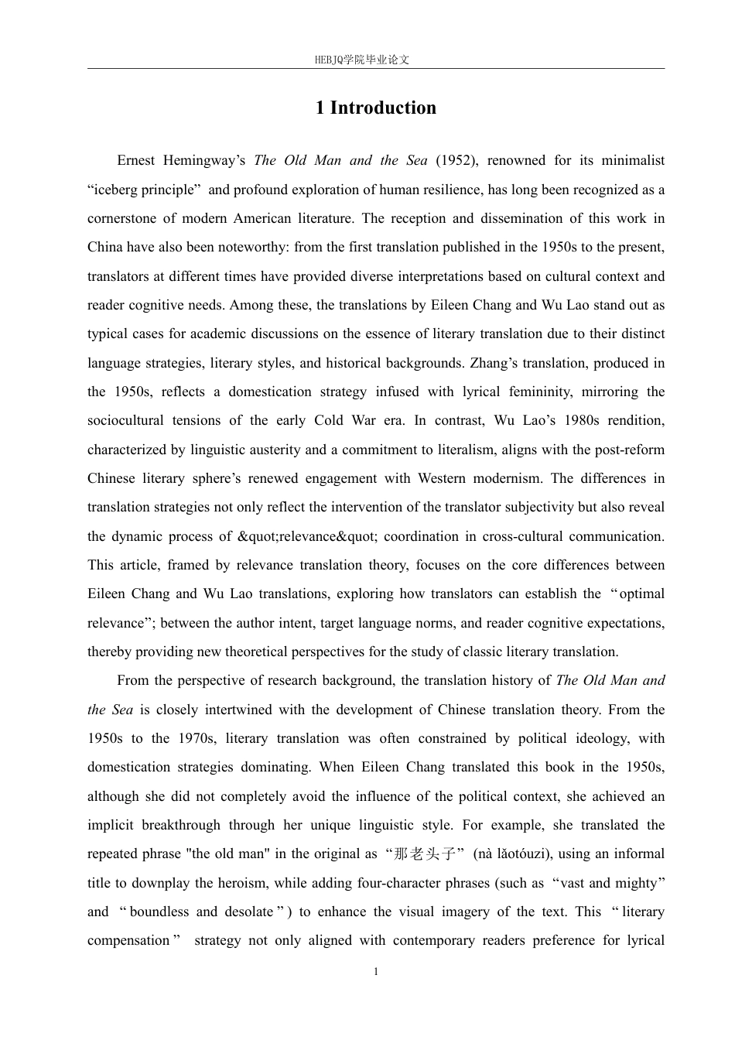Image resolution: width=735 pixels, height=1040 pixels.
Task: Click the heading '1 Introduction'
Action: click(375, 108)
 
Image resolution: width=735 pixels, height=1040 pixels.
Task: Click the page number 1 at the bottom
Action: click(376, 972)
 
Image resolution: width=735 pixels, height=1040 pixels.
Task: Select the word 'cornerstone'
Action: click(121, 219)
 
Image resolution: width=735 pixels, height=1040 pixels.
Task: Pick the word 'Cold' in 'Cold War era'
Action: click(329, 421)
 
